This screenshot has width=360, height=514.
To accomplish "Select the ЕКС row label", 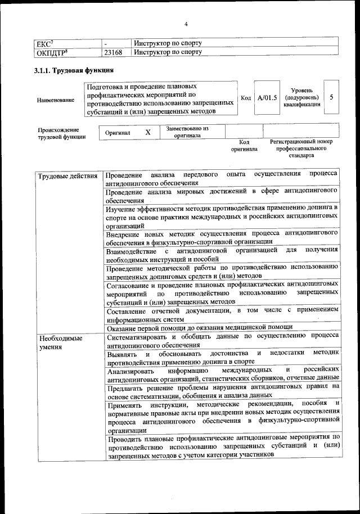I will tap(44, 43).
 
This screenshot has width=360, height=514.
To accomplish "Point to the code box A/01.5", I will tap(267, 98).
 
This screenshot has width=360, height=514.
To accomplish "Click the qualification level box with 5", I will tap(332, 97).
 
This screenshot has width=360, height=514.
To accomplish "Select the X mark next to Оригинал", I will tap(148, 133).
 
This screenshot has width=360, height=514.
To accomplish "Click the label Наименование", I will tap(55, 100).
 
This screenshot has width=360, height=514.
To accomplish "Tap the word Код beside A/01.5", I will tap(246, 98).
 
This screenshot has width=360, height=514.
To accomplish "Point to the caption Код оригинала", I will tap(244, 146).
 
